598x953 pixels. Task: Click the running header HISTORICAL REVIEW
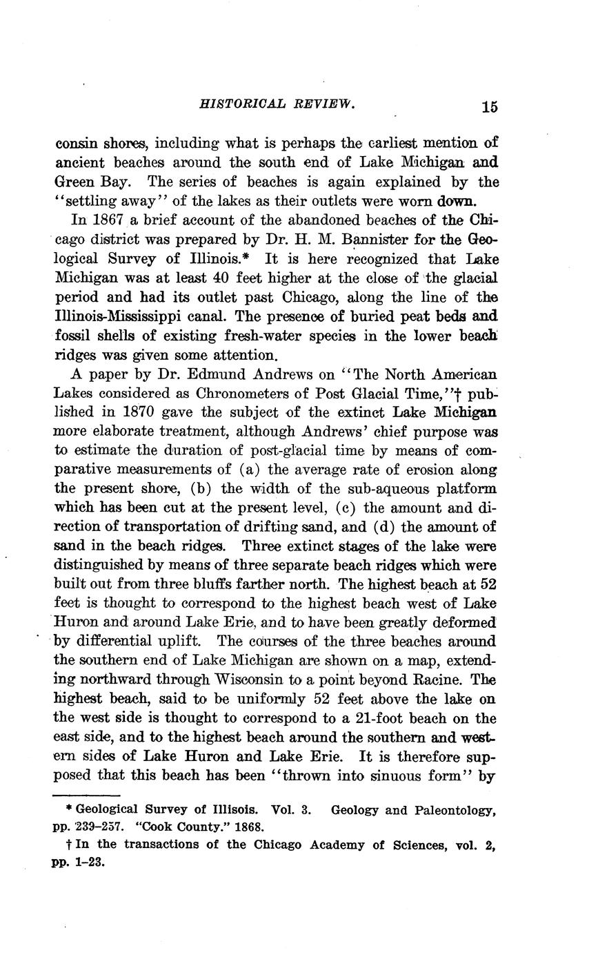click(x=277, y=104)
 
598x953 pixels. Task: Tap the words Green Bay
click(x=83, y=182)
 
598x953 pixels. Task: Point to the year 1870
click(x=143, y=413)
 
